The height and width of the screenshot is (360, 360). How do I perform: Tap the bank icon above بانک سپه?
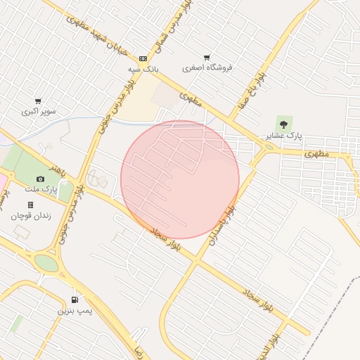pyautogui.click(x=143, y=58)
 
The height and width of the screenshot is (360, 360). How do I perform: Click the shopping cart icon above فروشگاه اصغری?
pyautogui.click(x=207, y=57)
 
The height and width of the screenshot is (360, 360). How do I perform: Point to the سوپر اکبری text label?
pyautogui.click(x=38, y=111)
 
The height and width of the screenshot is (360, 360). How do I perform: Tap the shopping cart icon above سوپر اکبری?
pyautogui.click(x=38, y=101)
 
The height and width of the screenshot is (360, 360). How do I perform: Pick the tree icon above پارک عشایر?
pyautogui.click(x=283, y=123)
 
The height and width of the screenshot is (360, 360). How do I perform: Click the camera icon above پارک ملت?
pyautogui.click(x=40, y=179)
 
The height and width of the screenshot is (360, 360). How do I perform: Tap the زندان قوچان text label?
pyautogui.click(x=30, y=215)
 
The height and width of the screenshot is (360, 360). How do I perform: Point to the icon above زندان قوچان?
pyautogui.click(x=30, y=205)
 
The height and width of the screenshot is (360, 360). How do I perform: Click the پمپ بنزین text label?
pyautogui.click(x=75, y=310)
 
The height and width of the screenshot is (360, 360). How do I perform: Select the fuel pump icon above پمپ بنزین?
pyautogui.click(x=75, y=300)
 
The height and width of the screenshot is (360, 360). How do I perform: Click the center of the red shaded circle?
pyautogui.click(x=180, y=179)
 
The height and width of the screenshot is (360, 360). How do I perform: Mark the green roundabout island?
pyautogui.click(x=46, y=263)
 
